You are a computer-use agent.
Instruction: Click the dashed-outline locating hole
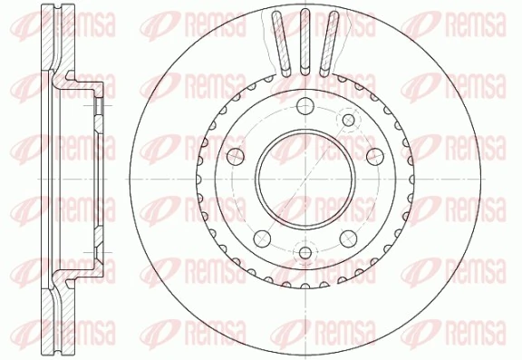pyautogui.click(x=349, y=119)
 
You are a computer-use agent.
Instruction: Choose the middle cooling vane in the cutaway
pyautogui.click(x=305, y=38)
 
